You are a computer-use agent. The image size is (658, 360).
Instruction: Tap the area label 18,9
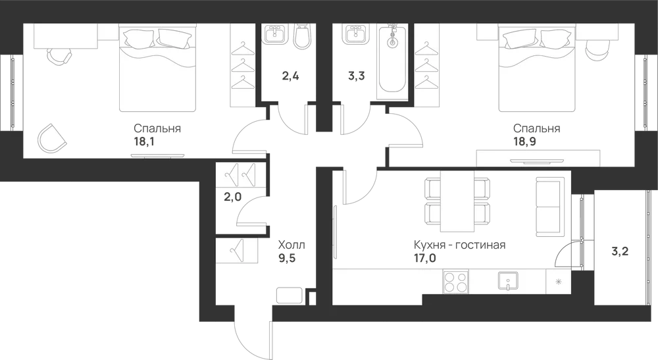tap(524, 141)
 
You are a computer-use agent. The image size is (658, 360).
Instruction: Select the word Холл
tap(291, 245)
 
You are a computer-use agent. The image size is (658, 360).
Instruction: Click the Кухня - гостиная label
tap(459, 245)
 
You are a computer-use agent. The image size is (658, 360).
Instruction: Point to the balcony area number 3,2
tap(620, 252)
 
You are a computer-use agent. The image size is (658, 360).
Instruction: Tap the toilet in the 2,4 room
tap(302, 36)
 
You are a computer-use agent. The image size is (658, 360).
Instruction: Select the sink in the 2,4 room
tap(276, 34)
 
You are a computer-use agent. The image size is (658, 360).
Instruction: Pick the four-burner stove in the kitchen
tap(456, 282)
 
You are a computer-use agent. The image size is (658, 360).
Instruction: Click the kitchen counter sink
tap(508, 281)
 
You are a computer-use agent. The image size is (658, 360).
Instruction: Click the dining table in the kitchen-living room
tap(457, 201)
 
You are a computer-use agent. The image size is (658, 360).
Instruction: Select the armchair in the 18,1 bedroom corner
tap(52, 138)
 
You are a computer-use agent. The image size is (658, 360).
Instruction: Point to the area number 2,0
tap(232, 196)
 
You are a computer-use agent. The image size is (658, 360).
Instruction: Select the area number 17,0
tap(425, 257)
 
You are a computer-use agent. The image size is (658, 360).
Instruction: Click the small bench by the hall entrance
tap(289, 296)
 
